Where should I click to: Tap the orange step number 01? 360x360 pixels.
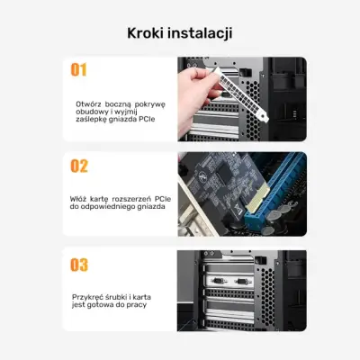[x=79, y=69]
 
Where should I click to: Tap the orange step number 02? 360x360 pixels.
[x=79, y=166]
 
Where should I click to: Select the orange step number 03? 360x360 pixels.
[x=79, y=264]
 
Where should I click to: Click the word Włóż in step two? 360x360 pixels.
[x=79, y=197]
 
